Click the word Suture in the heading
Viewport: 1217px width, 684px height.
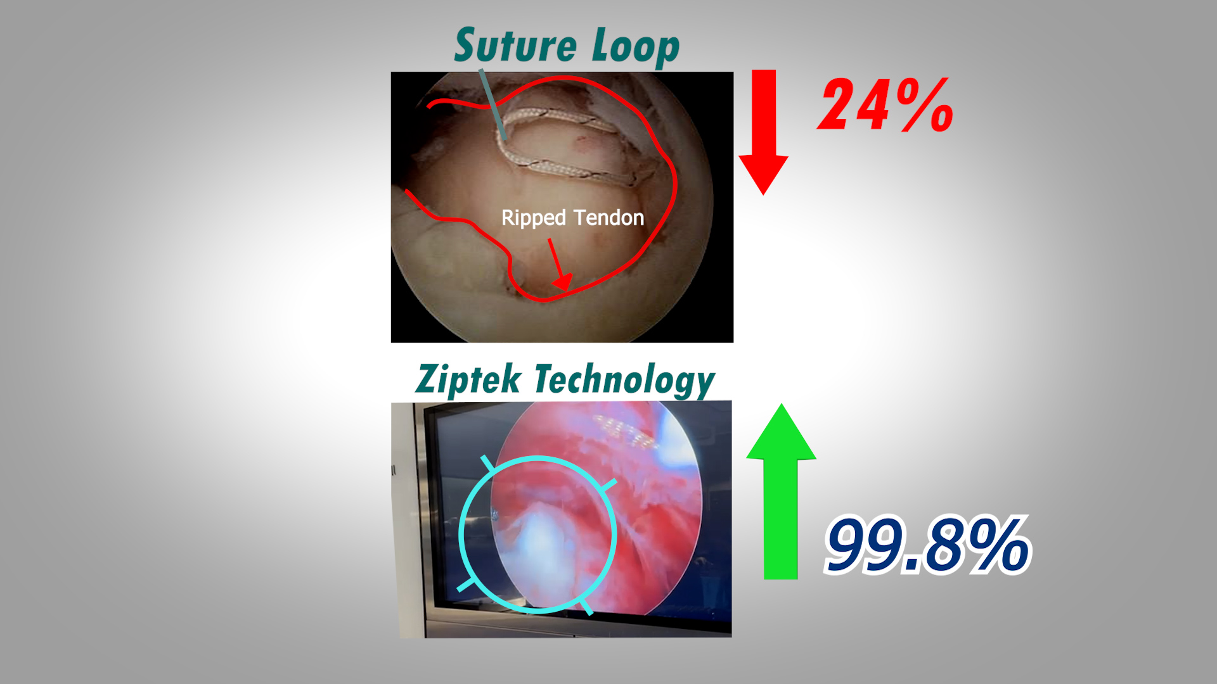tap(515, 46)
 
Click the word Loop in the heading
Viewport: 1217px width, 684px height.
tap(636, 48)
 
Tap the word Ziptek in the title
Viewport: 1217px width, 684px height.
tap(468, 379)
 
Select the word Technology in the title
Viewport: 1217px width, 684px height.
tap(625, 381)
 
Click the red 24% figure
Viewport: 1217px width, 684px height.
tap(885, 104)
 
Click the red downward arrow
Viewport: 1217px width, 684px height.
tap(764, 132)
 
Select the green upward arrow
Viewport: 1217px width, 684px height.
tap(781, 491)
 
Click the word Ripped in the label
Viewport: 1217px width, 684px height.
tap(533, 218)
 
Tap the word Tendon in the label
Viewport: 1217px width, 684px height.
tap(609, 218)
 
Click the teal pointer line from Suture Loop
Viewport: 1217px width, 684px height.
tap(493, 104)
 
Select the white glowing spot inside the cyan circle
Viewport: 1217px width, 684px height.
tap(539, 538)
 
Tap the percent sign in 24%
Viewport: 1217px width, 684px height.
tap(925, 104)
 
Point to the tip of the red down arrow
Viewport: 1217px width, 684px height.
tap(764, 194)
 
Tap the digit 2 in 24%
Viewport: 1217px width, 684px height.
tap(837, 105)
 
